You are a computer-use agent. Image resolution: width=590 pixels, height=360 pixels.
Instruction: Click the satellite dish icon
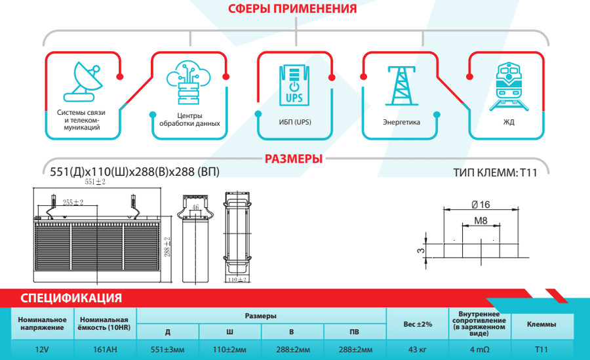pos(83,82)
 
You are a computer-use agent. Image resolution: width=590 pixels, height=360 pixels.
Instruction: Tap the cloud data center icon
pos(188,82)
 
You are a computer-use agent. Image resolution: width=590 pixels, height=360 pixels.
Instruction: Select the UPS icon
pos(294,85)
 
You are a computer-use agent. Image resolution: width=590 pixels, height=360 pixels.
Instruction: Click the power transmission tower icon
pos(401,85)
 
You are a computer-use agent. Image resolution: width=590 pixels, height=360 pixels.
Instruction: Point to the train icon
pos(509,87)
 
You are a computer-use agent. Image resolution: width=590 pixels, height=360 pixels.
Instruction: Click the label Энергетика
pos(401,122)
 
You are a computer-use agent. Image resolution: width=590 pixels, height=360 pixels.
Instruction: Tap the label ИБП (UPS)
pos(295,122)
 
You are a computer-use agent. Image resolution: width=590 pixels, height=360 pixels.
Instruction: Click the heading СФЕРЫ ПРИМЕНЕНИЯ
pos(292,9)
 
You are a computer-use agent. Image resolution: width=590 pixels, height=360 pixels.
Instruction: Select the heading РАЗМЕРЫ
pos(294,159)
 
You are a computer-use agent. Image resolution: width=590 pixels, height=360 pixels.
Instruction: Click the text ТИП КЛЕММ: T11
pos(495,173)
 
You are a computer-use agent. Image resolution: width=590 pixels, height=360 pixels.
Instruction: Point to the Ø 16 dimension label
pos(481,205)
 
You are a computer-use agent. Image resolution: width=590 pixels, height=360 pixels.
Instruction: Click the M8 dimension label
pos(481,221)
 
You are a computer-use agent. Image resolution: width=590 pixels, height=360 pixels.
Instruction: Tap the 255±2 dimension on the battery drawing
pos(73,202)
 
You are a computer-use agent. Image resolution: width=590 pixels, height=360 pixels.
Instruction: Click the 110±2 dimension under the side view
pos(237,280)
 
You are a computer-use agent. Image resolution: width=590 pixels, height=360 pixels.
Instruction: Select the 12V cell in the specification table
pos(42,350)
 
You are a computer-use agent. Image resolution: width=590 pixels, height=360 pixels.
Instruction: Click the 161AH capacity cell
pos(105,350)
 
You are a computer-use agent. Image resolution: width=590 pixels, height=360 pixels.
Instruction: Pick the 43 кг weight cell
pos(418,350)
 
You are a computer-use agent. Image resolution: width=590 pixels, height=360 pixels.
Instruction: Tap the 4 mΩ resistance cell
pos(480,350)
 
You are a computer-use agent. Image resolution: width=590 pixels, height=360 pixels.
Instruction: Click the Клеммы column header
pos(541,324)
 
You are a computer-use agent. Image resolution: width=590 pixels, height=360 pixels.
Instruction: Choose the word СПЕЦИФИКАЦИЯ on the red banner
pos(71,298)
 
